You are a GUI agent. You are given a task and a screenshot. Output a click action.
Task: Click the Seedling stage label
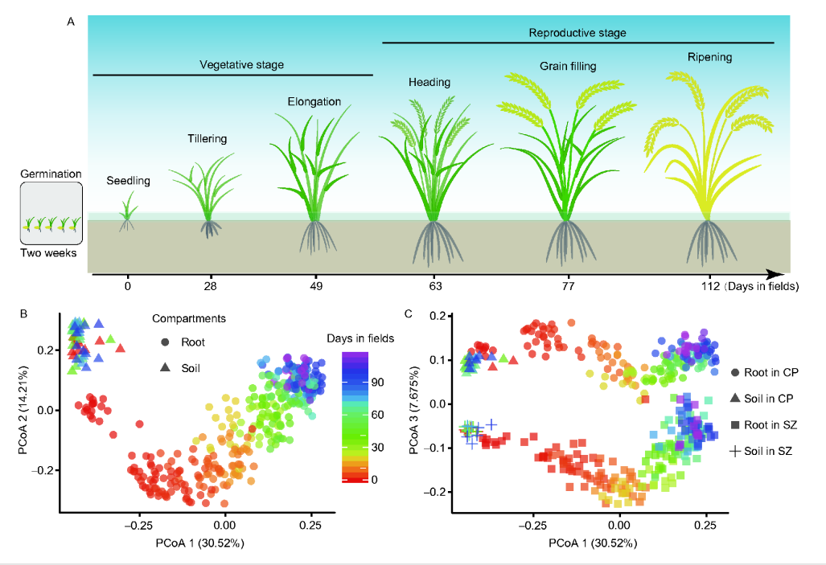129,181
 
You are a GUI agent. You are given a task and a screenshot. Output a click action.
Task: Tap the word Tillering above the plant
208,138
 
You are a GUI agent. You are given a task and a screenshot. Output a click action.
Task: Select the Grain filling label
568,66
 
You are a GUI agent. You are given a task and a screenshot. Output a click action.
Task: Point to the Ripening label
709,57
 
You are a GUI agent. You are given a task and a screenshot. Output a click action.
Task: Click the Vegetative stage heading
242,64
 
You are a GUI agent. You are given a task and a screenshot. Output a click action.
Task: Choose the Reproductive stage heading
577,33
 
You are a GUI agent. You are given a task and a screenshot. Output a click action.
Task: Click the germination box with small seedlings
51,214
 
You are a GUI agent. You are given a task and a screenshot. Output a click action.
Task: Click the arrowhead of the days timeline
777,274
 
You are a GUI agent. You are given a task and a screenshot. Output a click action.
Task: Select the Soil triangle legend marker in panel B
164,367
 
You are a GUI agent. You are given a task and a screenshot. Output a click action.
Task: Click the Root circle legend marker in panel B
164,342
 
